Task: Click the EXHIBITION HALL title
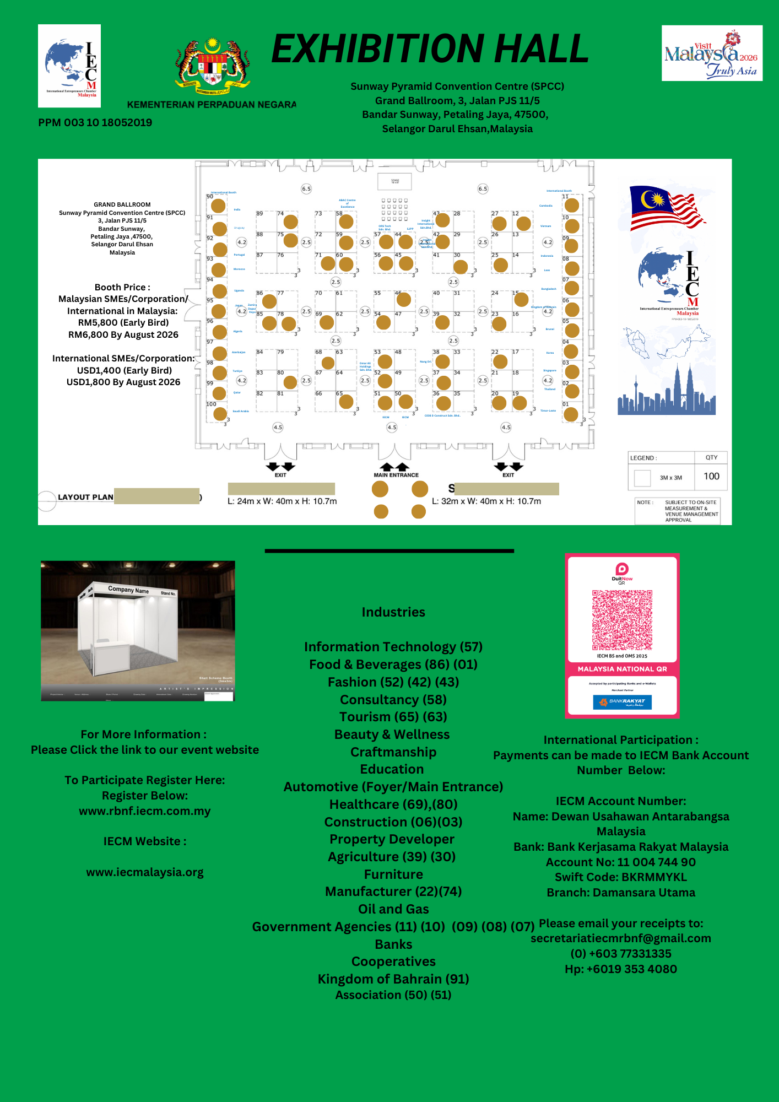[x=430, y=50]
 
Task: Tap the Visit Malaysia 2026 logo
[x=712, y=53]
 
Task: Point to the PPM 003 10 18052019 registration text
[x=95, y=122]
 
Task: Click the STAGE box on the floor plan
[x=395, y=181]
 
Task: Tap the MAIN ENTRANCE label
[x=396, y=475]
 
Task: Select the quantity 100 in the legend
[x=711, y=477]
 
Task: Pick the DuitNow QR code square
[x=622, y=620]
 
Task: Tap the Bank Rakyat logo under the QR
[x=622, y=702]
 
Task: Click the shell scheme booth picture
[x=138, y=630]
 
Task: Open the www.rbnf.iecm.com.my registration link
[x=145, y=811]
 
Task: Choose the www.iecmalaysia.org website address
[x=145, y=872]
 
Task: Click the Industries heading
[x=393, y=612]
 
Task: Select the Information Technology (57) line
[x=393, y=647]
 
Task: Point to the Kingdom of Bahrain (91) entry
[x=393, y=979]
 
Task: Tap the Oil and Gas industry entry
[x=393, y=909]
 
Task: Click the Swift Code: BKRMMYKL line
[x=621, y=877]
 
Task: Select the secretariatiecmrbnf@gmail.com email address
[x=621, y=938]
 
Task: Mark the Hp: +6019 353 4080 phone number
[x=621, y=969]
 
